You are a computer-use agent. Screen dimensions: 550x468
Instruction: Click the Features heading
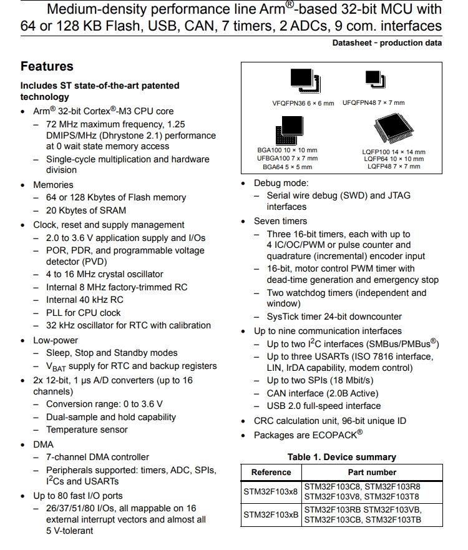tap(47, 67)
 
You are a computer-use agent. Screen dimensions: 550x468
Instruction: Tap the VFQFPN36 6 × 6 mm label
tap(298, 103)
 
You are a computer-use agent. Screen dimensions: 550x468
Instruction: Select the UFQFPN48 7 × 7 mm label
tap(373, 103)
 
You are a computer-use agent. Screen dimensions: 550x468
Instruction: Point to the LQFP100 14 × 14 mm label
tap(394, 152)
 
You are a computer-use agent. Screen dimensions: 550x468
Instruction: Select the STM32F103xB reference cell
tap(270, 515)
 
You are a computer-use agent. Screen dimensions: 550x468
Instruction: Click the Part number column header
tap(372, 473)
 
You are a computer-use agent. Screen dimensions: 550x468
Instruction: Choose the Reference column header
tap(271, 473)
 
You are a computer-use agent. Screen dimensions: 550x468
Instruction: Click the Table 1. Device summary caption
tap(341, 457)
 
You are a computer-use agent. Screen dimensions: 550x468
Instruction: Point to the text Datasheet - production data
tap(387, 43)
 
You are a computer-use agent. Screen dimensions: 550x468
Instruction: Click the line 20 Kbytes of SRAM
tap(85, 210)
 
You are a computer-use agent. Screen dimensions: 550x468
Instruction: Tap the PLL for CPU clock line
tap(84, 313)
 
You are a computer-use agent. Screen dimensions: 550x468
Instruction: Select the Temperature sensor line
tap(87, 430)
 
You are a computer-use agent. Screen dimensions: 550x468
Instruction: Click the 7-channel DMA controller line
tap(97, 457)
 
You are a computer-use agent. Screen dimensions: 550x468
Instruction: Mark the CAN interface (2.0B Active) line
tap(323, 393)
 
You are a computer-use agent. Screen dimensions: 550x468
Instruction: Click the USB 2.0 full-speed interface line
tap(323, 406)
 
